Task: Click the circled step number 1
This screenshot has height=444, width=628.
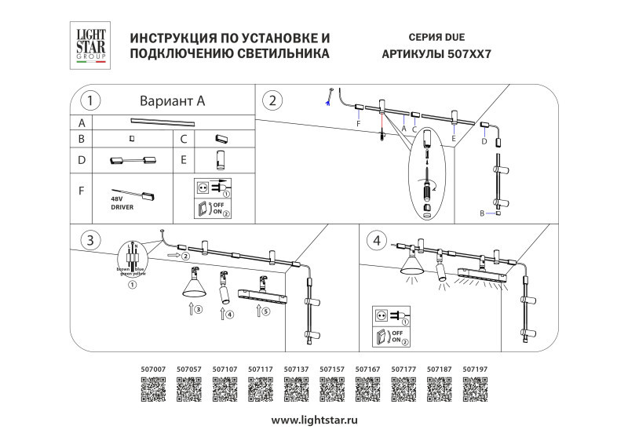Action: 92,100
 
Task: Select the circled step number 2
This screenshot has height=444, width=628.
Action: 272,100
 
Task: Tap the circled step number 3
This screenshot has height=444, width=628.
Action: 92,240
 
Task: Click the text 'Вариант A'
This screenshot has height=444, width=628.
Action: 171,101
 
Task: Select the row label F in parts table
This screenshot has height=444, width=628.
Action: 80,191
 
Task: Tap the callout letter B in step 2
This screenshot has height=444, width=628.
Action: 482,213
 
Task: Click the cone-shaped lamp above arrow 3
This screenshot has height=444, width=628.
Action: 193,284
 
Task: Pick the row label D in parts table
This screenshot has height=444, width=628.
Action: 80,161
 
